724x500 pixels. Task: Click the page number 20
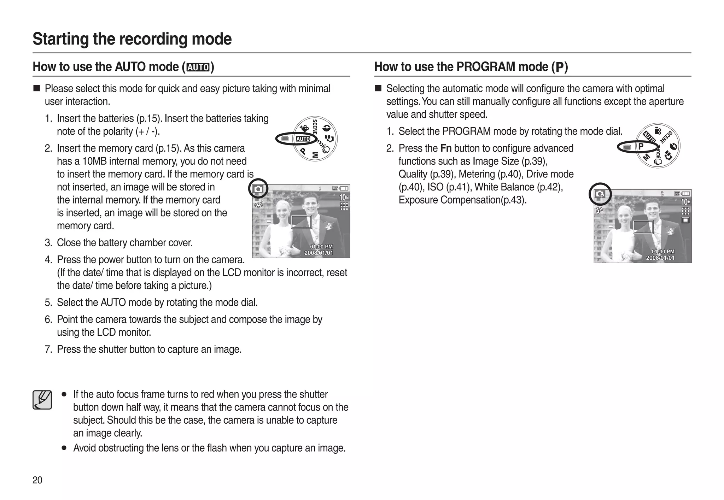pos(37,480)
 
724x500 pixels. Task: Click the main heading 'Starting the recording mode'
pos(132,39)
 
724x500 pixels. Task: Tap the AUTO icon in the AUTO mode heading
pos(198,67)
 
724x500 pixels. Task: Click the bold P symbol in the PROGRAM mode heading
pos(560,67)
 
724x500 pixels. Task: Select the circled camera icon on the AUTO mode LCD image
pos(258,189)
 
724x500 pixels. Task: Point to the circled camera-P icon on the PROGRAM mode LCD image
pos(600,194)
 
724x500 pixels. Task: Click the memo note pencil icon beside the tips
pos(42,400)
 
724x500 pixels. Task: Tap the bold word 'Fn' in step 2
pos(446,148)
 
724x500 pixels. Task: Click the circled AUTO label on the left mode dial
pos(303,139)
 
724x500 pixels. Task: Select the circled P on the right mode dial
pos(641,146)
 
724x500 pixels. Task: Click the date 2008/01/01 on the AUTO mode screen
pos(319,253)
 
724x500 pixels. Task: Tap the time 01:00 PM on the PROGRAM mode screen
pos(663,252)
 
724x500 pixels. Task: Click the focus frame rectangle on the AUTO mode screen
pos(301,222)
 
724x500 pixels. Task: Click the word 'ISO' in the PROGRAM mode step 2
pos(435,187)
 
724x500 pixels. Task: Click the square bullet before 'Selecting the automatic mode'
pos(378,88)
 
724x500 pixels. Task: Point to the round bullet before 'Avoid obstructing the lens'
pos(64,448)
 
